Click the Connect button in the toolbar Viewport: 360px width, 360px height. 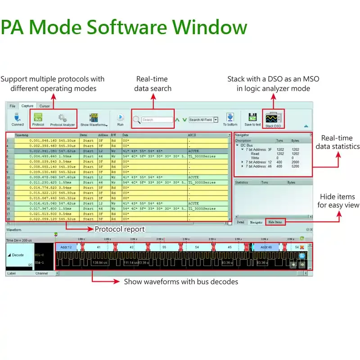[18, 119]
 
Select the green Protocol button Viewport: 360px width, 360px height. [38, 119]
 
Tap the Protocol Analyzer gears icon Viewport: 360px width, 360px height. [63, 119]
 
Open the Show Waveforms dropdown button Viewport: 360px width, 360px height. [94, 119]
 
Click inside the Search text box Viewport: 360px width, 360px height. [157, 120]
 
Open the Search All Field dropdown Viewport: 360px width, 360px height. [203, 120]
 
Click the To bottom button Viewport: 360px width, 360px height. [230, 119]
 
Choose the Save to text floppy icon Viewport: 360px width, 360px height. [252, 118]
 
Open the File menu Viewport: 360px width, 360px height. [12, 106]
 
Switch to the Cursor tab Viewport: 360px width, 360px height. [45, 106]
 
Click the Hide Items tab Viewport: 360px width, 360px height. [275, 222]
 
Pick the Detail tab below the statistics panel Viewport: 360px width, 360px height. [240, 222]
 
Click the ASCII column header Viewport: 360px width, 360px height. [192, 135]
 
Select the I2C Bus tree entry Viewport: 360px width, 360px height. [247, 145]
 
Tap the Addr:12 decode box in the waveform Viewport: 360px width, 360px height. [67, 247]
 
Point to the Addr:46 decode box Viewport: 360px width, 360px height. [266, 247]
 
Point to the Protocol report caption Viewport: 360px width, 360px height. [120, 229]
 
